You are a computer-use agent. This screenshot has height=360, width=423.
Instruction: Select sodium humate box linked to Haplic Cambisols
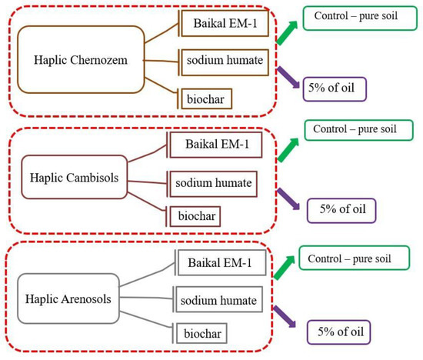(x=212, y=184)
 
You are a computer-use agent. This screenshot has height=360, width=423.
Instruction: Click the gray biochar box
(x=198, y=333)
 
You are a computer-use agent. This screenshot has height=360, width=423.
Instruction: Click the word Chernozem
(x=104, y=60)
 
